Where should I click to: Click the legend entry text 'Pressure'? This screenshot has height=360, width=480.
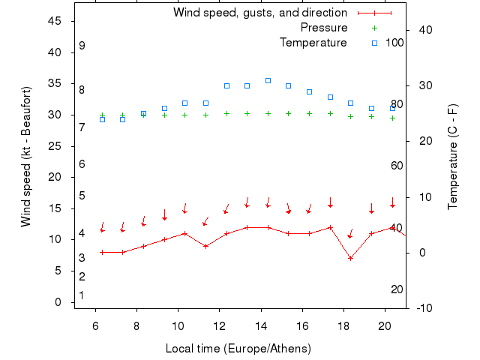point(324,28)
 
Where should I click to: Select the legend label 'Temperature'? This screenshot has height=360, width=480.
point(313,43)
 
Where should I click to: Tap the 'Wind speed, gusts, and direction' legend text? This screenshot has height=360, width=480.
point(260,13)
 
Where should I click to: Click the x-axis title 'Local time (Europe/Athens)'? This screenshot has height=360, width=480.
point(238,349)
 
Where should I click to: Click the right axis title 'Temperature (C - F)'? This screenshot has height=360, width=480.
point(454,156)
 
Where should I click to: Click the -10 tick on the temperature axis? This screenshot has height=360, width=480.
point(421,308)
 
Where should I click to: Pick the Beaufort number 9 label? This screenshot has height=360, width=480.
point(82,46)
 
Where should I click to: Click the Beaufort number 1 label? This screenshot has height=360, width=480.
point(82,295)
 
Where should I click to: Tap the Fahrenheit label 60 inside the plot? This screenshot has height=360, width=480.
point(397,166)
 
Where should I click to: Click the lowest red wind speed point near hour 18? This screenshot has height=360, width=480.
point(350,258)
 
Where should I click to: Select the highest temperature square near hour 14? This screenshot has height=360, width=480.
point(268,80)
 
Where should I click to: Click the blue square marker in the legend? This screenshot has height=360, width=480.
point(374,43)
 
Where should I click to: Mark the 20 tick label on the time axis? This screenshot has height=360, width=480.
point(385,326)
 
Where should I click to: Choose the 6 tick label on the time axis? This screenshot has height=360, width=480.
point(95,326)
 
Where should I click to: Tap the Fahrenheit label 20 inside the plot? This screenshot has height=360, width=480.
point(397,289)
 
